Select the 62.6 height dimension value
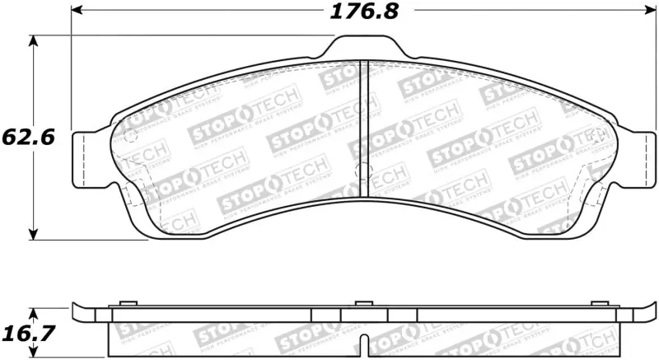point(27,137)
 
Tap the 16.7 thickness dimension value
point(27,334)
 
